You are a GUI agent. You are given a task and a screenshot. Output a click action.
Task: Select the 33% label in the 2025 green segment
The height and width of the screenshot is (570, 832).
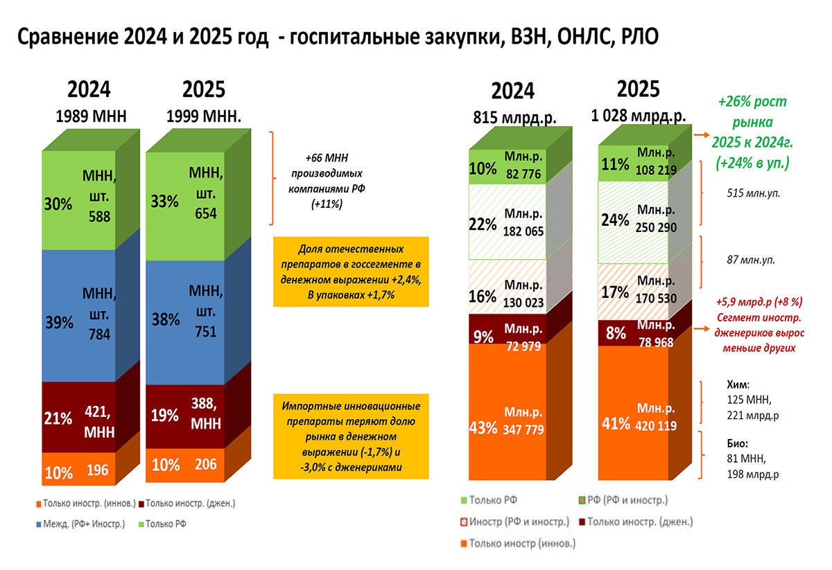[x=165, y=202]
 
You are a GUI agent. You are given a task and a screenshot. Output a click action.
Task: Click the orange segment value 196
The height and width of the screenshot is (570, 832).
[x=98, y=471]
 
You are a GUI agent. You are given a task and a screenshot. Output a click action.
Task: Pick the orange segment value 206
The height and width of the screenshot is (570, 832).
[x=205, y=465]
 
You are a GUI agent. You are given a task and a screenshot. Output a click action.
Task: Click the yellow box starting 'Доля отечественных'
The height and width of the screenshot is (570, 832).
[x=352, y=271]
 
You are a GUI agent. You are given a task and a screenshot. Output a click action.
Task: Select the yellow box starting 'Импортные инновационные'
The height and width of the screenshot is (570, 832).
[x=352, y=434]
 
